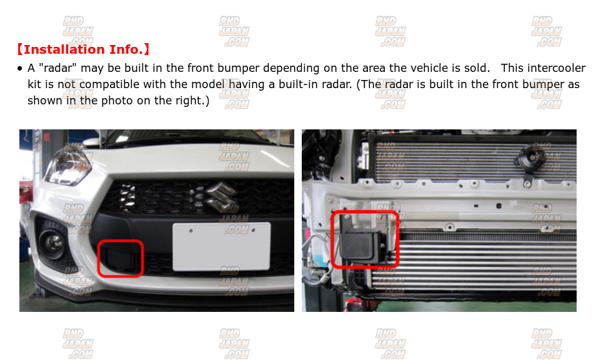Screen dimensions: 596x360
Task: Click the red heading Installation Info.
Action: click(83, 49)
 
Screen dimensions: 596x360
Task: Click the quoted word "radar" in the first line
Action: click(57, 68)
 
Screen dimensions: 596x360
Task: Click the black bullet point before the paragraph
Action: click(20, 69)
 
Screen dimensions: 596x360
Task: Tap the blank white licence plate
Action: click(222, 247)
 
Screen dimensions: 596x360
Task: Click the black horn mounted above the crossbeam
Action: click(527, 157)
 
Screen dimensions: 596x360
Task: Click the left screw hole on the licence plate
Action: click(191, 231)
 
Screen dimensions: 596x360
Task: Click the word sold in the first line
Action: click(475, 68)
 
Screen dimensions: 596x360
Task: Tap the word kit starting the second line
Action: click(34, 84)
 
